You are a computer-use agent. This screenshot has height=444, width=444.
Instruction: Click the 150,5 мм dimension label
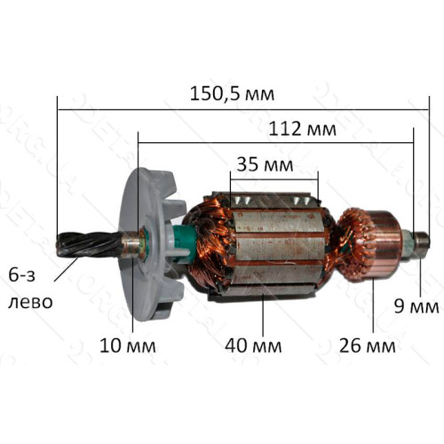232,93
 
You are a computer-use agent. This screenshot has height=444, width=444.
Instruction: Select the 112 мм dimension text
302,129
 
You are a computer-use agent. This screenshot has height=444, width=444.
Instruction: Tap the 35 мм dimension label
265,164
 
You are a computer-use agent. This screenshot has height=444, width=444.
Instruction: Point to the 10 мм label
128,345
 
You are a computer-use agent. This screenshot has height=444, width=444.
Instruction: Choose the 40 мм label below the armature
253,345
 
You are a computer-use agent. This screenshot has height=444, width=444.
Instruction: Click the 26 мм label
367,345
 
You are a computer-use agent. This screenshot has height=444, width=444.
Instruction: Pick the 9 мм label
416,306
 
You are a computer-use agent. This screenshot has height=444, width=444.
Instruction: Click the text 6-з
21,275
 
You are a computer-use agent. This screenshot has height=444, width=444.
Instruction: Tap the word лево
30,302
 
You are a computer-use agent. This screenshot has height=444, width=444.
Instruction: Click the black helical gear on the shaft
89,244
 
